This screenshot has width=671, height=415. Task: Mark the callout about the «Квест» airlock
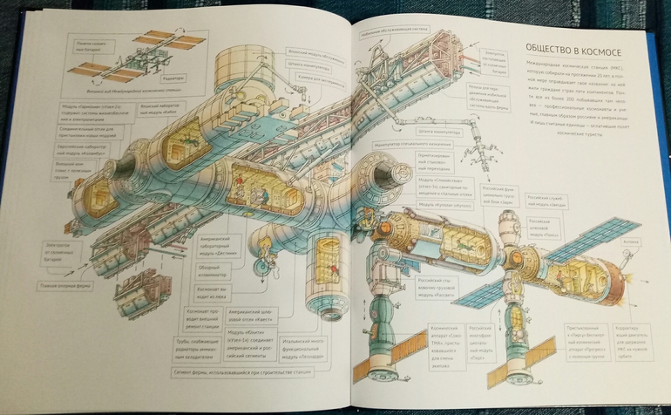(x=254, y=316)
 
